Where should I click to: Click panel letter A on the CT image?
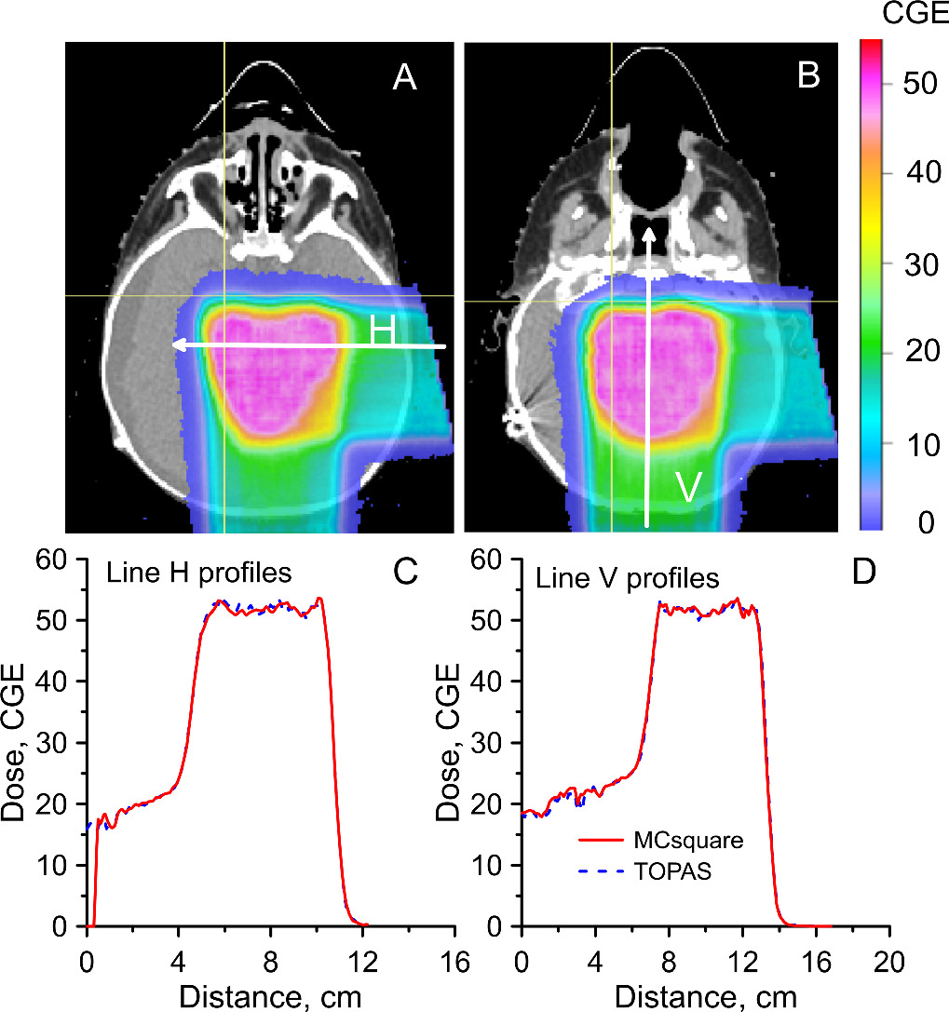(x=405, y=76)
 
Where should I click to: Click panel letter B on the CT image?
(x=808, y=74)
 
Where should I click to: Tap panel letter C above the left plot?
(x=405, y=571)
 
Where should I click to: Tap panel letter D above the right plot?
(x=863, y=571)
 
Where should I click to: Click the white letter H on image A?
(x=382, y=331)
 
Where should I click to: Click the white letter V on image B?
(x=688, y=487)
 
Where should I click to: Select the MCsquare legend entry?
(x=661, y=841)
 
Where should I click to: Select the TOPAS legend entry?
(x=645, y=871)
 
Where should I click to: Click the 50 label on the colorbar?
(x=919, y=84)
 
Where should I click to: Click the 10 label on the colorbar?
(x=923, y=445)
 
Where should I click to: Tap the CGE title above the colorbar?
(x=915, y=14)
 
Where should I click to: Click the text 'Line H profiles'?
(x=199, y=573)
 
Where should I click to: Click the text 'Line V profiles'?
(x=628, y=578)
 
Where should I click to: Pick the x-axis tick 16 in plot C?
(x=454, y=963)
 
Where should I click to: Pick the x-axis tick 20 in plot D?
(x=888, y=963)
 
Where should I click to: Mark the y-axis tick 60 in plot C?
(x=51, y=560)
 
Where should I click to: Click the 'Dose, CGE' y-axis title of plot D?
(x=447, y=742)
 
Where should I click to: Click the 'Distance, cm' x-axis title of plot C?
(x=270, y=996)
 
